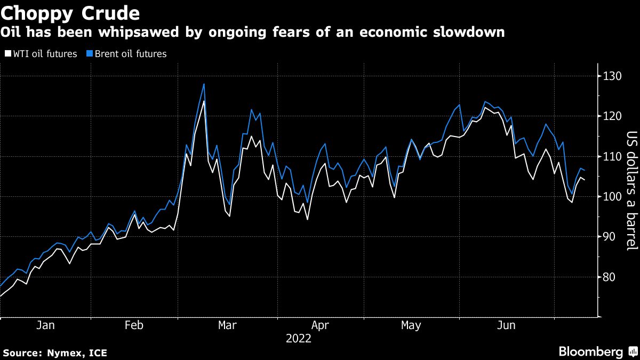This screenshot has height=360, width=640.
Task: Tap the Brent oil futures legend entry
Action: tap(127, 54)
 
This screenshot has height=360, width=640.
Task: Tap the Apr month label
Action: tap(320, 325)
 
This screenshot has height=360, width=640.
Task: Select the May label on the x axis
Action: tap(411, 325)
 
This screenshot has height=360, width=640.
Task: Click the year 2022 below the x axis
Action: tap(299, 338)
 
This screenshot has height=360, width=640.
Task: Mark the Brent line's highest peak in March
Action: tap(204, 84)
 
